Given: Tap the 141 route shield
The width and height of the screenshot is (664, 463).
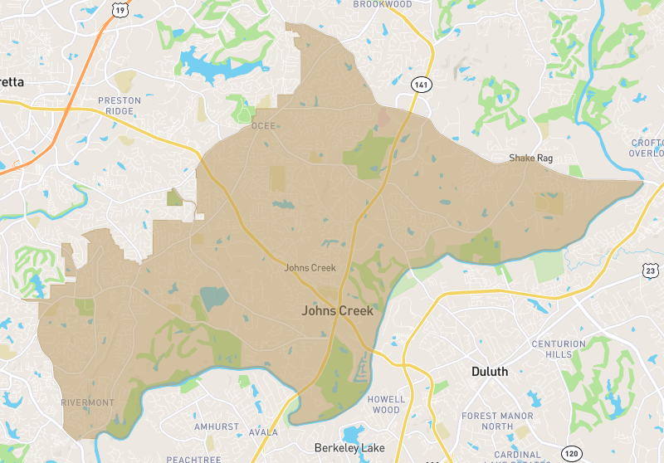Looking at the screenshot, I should click(421, 85).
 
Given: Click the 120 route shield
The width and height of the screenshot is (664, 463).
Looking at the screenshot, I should click(571, 453).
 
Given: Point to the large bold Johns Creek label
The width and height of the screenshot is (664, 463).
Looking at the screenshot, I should click(337, 311).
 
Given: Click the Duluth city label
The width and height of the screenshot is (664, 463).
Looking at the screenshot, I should click(489, 371).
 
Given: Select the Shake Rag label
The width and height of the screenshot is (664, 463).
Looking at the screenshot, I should click(530, 158).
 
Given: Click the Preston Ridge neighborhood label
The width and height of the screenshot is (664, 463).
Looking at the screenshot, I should click(120, 105).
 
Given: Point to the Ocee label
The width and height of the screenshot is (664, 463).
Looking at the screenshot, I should click(263, 127).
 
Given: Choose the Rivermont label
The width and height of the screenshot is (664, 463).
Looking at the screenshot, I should click(87, 402).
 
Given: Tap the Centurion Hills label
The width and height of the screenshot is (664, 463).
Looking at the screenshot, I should click(558, 348).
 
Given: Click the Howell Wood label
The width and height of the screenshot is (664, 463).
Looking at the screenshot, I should click(386, 404).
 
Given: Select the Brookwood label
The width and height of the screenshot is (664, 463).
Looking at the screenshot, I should click(383, 4).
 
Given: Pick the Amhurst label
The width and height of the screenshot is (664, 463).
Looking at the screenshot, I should click(217, 426).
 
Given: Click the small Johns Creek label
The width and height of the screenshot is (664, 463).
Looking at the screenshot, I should click(309, 267).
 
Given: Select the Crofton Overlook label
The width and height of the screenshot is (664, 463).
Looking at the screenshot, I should click(647, 148).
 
